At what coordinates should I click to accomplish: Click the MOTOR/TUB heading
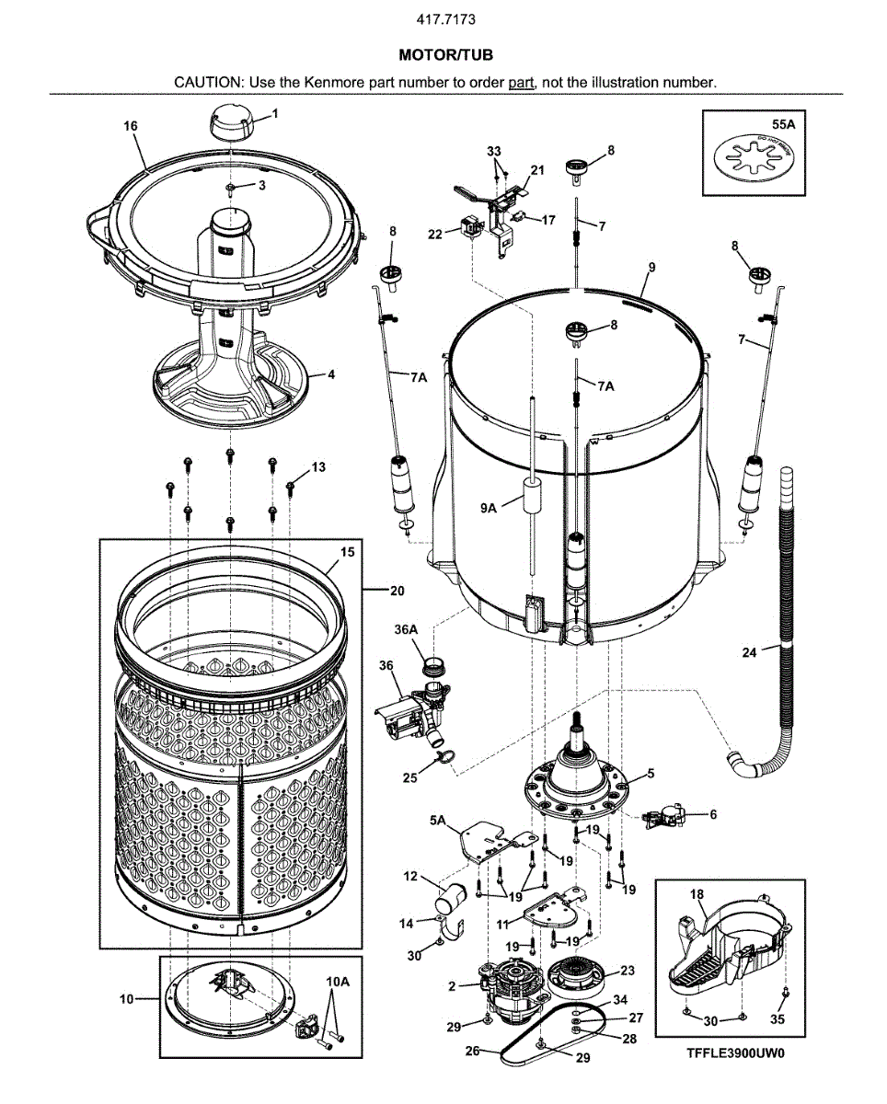point(445,56)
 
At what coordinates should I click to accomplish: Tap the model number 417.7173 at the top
point(445,18)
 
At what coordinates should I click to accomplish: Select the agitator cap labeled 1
point(230,122)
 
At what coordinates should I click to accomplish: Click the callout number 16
point(131,126)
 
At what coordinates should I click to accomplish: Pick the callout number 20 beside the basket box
point(397,590)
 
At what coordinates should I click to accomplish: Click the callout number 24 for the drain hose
point(750,653)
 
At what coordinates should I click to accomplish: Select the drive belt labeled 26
point(552,1049)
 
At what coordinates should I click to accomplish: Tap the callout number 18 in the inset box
point(697,893)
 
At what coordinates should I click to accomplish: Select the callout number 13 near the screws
point(318,467)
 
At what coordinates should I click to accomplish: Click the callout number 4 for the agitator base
point(331,374)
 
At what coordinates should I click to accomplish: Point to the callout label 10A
point(338,983)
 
